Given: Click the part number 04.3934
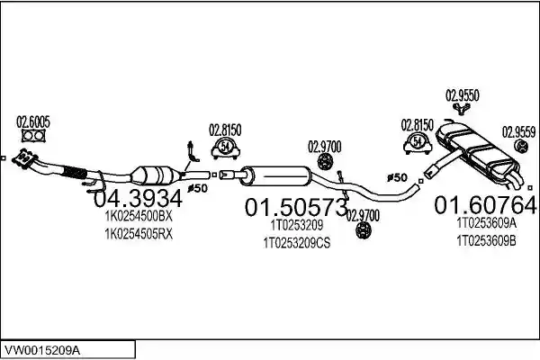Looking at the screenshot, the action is pos(138,199).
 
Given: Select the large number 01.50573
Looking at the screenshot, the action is pos(296,207).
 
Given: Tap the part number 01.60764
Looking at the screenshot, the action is pos(485,205).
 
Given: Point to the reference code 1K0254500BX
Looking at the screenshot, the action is pos(138,216).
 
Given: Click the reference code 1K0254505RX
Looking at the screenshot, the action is pos(139,234).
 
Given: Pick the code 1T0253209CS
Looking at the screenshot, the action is pos(296,243).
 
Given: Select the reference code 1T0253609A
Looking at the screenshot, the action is pos(486,223).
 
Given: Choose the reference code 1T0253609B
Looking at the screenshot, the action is pos(486,241).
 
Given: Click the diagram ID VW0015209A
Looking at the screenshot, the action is pos(41,351).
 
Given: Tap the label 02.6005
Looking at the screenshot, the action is pos(33,122).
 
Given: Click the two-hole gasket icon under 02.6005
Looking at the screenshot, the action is pos(33,136).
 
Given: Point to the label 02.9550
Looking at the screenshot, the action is pos(463,95).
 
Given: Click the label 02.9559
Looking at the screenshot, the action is pos(518,132).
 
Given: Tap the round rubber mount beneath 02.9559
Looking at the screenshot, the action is pos(521,146).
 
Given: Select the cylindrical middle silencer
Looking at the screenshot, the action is pos(275,175).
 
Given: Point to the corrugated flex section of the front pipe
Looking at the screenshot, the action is pos(74,171).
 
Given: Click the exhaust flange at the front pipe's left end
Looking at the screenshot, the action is pos(24,159).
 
